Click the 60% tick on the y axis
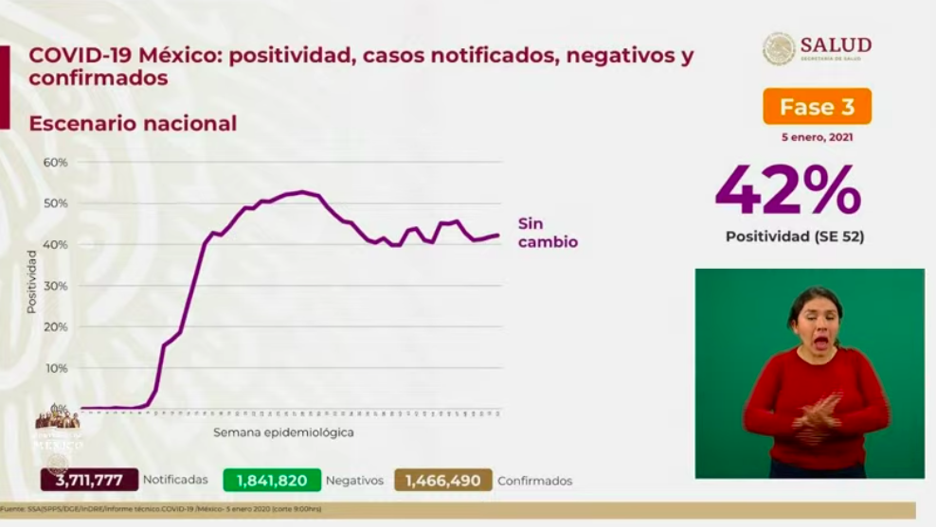tap(55, 163)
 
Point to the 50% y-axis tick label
tap(55, 203)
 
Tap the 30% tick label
tap(55, 286)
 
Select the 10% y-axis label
tap(55, 368)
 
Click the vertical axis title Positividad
tap(31, 281)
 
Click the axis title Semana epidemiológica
tap(283, 432)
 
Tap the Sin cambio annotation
tap(547, 233)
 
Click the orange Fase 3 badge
tap(817, 107)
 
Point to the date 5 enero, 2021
tap(817, 138)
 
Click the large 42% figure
tap(788, 190)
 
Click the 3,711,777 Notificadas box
tap(89, 481)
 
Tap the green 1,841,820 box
tap(272, 481)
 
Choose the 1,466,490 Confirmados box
tap(443, 481)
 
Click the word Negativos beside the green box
tap(354, 481)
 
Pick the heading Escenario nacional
tap(133, 123)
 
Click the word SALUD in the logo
tap(835, 44)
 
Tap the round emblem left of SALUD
tap(779, 48)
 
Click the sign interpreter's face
tap(814, 319)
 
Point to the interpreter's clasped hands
tap(816, 413)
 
